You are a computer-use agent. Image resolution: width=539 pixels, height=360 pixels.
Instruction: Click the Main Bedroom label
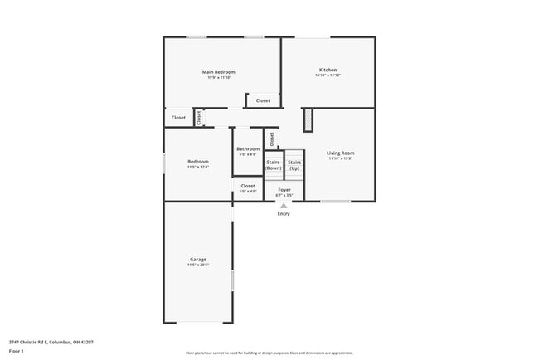tap(219, 72)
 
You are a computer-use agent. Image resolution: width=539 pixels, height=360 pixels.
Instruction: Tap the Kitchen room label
tap(328, 70)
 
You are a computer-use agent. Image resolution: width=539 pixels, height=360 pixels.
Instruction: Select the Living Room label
tap(340, 153)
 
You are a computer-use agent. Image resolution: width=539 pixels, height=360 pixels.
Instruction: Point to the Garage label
tap(197, 259)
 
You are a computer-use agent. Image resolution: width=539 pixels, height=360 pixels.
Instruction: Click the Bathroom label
tap(248, 148)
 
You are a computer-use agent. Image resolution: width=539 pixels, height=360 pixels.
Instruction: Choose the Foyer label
tap(284, 190)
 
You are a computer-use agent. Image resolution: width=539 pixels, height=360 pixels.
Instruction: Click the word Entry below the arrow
tap(284, 214)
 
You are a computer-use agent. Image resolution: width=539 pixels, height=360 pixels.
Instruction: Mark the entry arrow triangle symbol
tap(284, 205)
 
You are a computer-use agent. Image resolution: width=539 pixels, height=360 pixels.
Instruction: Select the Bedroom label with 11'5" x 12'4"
tap(197, 161)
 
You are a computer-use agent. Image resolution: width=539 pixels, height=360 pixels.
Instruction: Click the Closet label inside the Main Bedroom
tap(263, 100)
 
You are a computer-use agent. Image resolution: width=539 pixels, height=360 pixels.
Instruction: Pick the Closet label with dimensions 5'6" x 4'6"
tap(248, 186)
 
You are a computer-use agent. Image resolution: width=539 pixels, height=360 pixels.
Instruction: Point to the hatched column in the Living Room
tap(308, 119)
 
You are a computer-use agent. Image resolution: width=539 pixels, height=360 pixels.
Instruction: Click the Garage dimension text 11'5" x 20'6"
tap(197, 265)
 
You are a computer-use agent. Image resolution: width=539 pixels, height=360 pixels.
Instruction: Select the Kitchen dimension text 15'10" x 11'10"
tap(328, 75)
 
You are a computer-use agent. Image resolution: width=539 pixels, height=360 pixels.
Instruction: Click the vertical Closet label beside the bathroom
tap(272, 139)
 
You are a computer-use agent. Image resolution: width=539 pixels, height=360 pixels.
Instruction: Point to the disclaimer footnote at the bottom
tap(269, 353)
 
